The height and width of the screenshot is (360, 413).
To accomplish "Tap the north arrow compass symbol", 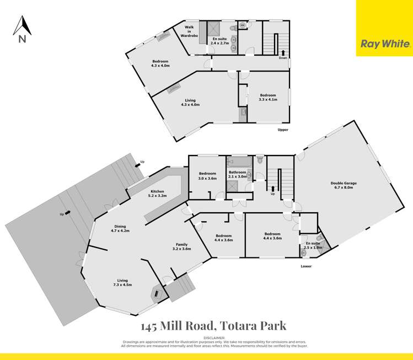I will coord(22,28).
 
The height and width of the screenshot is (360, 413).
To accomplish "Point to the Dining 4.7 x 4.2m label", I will coord(120,228).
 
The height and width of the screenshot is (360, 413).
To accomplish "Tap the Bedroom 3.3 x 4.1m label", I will coord(268,97).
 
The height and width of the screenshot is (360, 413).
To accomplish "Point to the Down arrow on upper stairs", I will coord(283,53).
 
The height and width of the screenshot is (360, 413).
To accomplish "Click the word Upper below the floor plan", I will coord(283,130).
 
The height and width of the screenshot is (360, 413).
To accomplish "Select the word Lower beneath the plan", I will coord(306,266).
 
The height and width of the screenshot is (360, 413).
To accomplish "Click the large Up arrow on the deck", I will coord(65,212).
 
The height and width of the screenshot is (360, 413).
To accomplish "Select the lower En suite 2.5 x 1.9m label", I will coord(312,245).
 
